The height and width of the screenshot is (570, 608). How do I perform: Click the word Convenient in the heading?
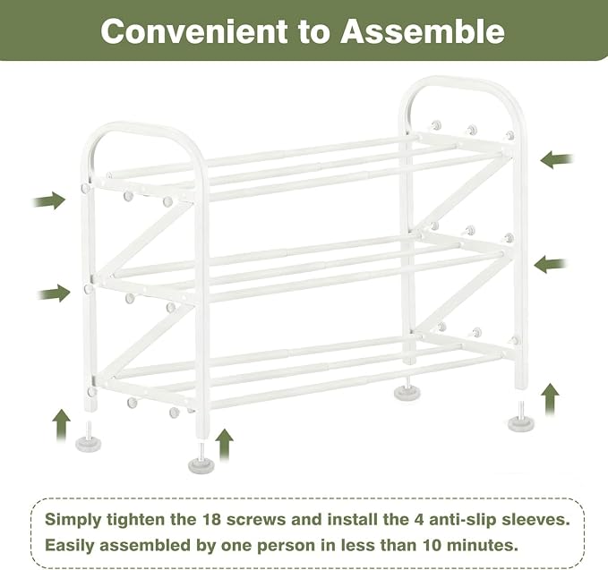pyautogui.click(x=194, y=31)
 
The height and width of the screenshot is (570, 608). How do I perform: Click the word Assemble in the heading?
pyautogui.click(x=423, y=31)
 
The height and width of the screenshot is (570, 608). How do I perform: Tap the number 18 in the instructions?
pyautogui.click(x=211, y=519)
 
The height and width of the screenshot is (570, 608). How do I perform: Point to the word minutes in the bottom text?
pyautogui.click(x=482, y=545)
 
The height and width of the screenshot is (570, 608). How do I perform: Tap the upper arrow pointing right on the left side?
pyautogui.click(x=49, y=200)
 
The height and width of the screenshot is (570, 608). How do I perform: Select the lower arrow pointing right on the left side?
pyautogui.click(x=54, y=294)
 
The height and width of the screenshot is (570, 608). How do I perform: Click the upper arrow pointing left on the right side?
pyautogui.click(x=556, y=159)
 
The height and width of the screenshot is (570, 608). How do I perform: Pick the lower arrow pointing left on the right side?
pyautogui.click(x=551, y=264)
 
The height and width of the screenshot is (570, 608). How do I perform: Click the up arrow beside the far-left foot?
pyautogui.click(x=62, y=425)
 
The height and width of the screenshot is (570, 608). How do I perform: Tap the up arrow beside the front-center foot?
pyautogui.click(x=225, y=445)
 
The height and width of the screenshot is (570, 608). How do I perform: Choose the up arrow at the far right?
pyautogui.click(x=550, y=399)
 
